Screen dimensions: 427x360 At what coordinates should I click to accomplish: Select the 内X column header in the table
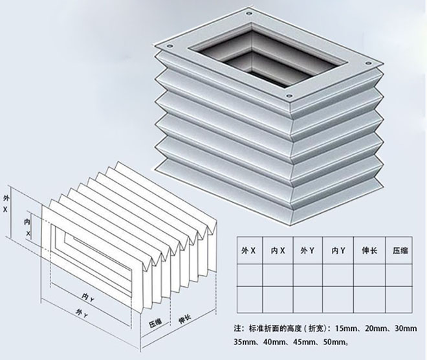[x=278, y=250]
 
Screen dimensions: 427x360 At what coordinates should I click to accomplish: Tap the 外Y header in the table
[x=308, y=250]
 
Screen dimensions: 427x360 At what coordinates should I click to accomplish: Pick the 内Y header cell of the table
[x=338, y=250]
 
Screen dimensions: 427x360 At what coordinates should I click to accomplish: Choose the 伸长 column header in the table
[x=369, y=250]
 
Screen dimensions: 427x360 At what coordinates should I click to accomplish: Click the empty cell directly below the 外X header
[x=250, y=275]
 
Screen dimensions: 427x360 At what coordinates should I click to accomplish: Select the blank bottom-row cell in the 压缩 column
[x=399, y=300]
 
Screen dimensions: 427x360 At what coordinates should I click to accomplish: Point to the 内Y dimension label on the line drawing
[x=88, y=297]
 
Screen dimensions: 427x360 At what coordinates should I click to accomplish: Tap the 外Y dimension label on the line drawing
[x=82, y=313]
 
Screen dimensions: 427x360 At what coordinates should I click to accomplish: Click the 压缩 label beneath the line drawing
[x=155, y=322]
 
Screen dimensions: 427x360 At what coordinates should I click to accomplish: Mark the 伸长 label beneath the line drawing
[x=184, y=319]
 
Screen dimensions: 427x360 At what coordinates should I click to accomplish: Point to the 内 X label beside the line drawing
[x=27, y=227]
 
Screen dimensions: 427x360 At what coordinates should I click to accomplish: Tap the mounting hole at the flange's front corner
[x=289, y=96]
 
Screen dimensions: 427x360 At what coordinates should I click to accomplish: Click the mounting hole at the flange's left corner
[x=170, y=46]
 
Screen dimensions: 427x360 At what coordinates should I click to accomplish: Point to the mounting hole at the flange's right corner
[x=368, y=63]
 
